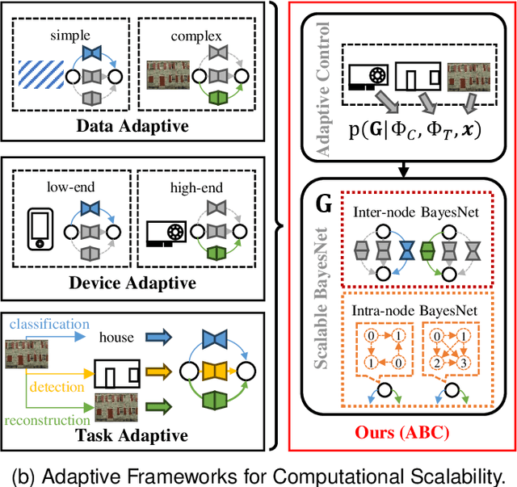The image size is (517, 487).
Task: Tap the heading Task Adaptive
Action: (142, 435)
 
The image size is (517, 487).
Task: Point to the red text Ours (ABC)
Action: (402, 430)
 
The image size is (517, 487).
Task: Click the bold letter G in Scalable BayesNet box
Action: (323, 203)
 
